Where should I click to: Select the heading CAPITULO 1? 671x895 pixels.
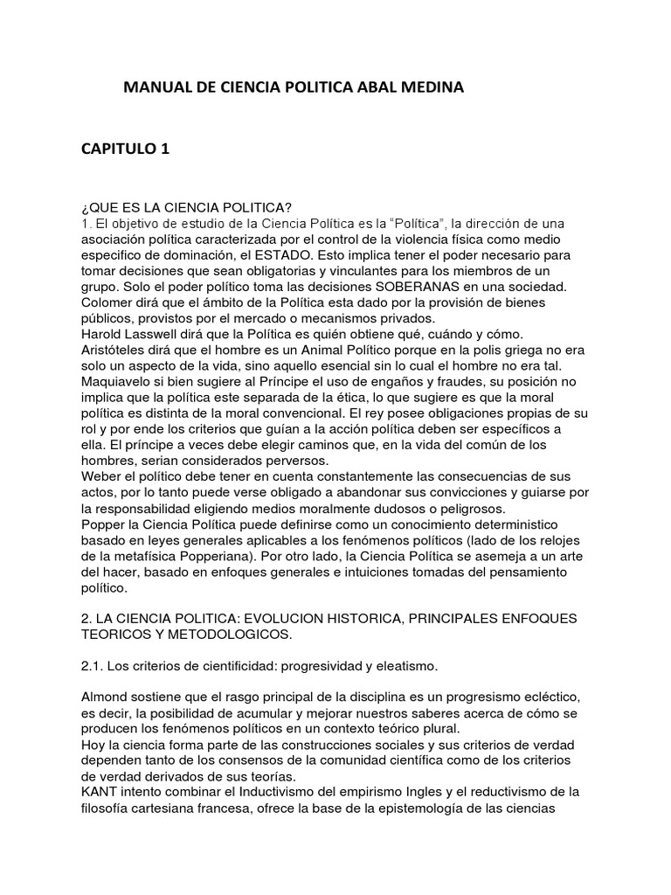tap(126, 149)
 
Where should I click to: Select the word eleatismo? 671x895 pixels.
tap(401, 665)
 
